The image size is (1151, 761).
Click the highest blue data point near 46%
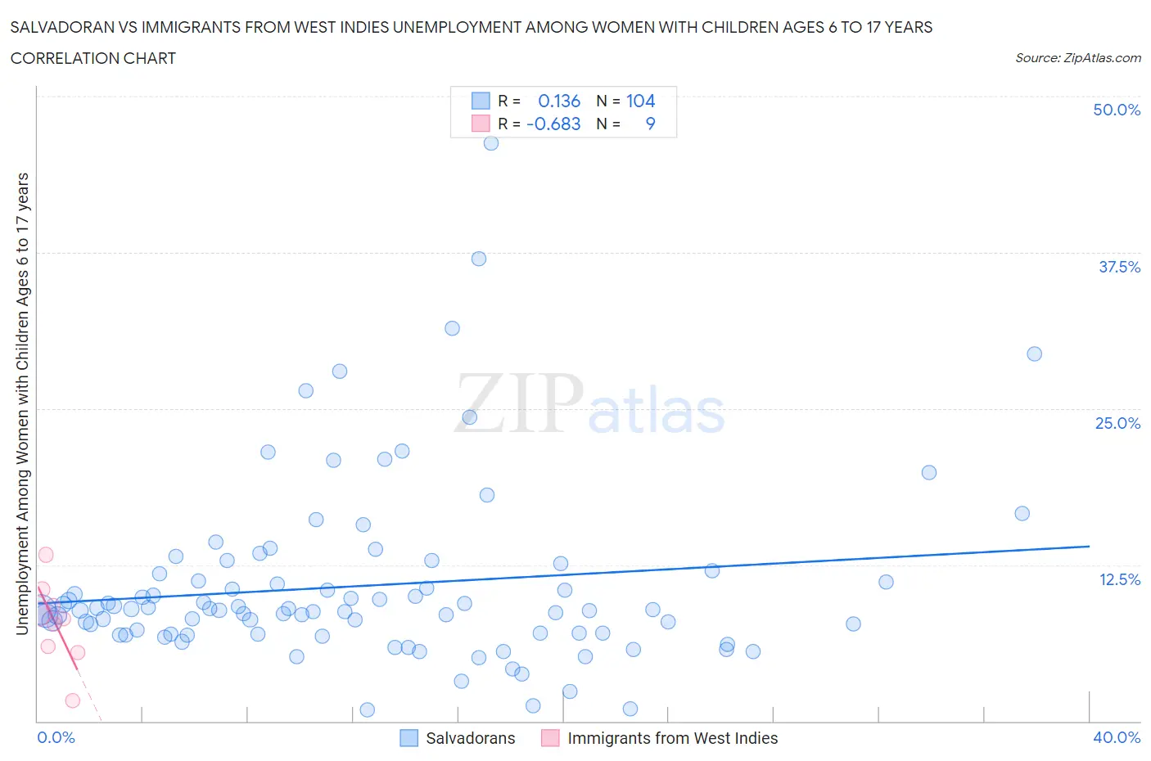tap(491, 143)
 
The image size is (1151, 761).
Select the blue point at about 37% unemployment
tap(479, 259)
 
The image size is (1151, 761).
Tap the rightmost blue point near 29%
tap(1034, 354)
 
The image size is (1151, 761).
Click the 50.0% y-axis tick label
tap(1117, 110)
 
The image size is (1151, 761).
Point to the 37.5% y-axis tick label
tap(1119, 267)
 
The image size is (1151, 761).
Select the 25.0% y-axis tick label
tap(1117, 423)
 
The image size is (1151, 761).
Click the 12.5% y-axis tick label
tap(1119, 579)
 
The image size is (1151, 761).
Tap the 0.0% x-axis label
tap(56, 737)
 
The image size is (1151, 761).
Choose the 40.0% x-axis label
tap(1117, 737)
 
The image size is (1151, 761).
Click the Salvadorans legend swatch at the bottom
tap(408, 738)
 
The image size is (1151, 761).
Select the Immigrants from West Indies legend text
tap(672, 738)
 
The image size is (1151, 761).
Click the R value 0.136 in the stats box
tap(559, 101)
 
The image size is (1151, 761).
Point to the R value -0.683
tap(554, 124)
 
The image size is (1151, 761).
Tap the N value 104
tap(640, 101)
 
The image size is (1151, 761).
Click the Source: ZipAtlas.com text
tap(1077, 58)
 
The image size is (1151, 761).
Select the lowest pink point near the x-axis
tap(72, 700)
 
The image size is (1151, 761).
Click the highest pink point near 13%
tap(46, 555)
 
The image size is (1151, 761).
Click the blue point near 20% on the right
tap(928, 472)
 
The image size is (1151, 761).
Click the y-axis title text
tap(22, 404)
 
